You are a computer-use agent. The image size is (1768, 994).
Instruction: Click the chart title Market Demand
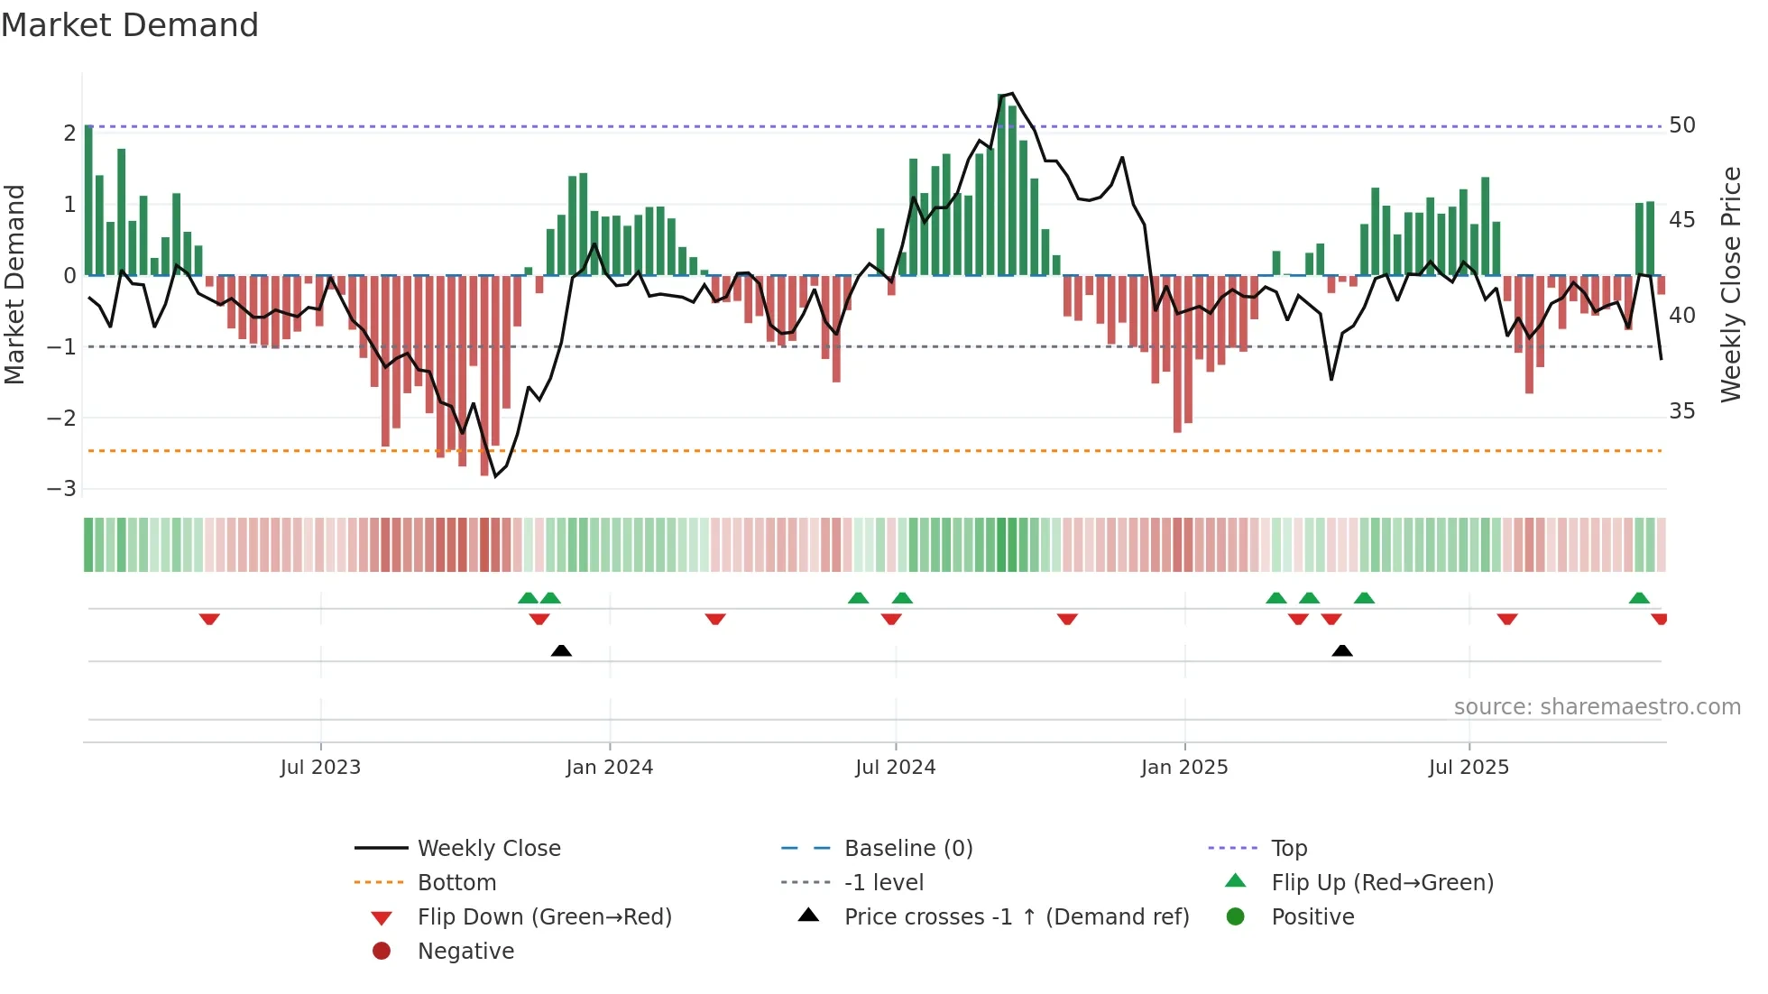[130, 25]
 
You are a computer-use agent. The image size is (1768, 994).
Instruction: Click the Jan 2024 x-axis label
[609, 767]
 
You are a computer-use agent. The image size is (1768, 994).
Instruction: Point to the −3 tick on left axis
[61, 489]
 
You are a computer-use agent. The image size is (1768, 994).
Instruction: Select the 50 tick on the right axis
[1681, 124]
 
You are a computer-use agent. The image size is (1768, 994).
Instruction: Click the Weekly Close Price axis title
[1730, 284]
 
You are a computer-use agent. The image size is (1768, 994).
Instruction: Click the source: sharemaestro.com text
[1597, 706]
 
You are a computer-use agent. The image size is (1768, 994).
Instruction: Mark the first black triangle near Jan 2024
[561, 650]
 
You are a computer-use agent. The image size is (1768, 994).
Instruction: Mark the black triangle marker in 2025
[1342, 650]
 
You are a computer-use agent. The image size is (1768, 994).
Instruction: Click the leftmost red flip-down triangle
[209, 619]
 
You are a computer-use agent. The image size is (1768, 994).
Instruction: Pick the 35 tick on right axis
[1681, 410]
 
